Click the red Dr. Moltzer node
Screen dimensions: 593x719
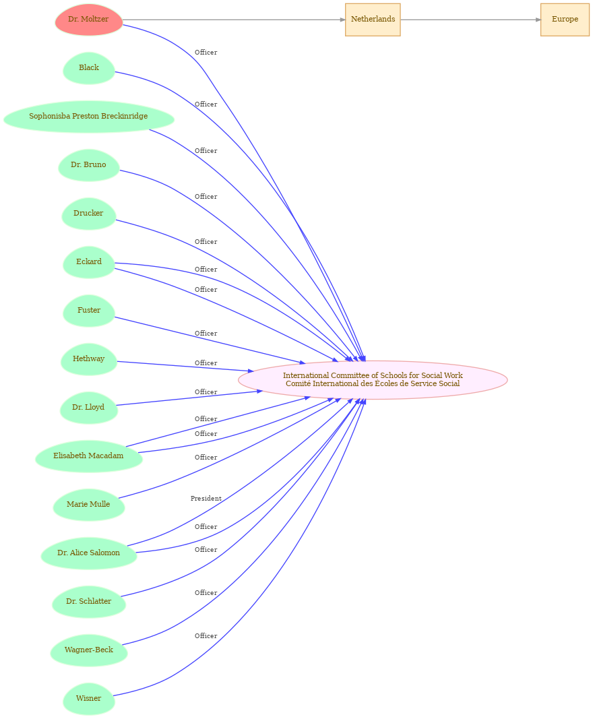pyautogui.click(x=88, y=20)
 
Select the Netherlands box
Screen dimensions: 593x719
pyautogui.click(x=373, y=20)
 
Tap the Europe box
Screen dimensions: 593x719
pyautogui.click(x=565, y=20)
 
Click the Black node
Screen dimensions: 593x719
pyautogui.click(x=88, y=68)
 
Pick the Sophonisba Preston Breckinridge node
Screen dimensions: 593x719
pyautogui.click(x=88, y=117)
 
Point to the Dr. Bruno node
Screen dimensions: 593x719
pyautogui.click(x=88, y=165)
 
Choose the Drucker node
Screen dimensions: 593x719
pyautogui.click(x=88, y=214)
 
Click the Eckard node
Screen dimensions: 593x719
pyautogui.click(x=88, y=262)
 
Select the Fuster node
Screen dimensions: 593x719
pyautogui.click(x=88, y=311)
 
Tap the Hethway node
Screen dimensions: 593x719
pyautogui.click(x=88, y=360)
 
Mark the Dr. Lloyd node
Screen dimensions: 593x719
pyautogui.click(x=88, y=408)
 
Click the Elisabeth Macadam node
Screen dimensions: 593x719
pyautogui.click(x=88, y=456)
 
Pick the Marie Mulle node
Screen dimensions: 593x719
pyautogui.click(x=88, y=505)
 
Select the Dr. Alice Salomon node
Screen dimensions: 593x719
pyautogui.click(x=88, y=553)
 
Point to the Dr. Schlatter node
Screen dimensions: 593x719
pyautogui.click(x=88, y=602)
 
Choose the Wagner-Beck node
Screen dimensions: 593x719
pyautogui.click(x=88, y=650)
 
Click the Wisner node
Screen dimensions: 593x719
pyautogui.click(x=88, y=699)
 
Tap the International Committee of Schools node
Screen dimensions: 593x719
pyautogui.click(x=373, y=380)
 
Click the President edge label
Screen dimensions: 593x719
pyautogui.click(x=206, y=499)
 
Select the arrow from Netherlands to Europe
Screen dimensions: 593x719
pyautogui.click(x=470, y=20)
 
